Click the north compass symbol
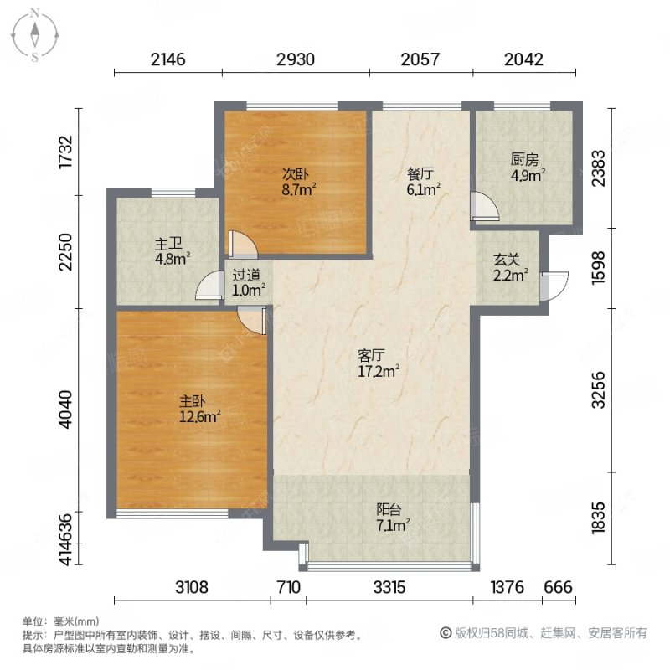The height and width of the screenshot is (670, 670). coord(36,34)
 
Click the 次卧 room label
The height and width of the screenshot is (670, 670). coord(295,174)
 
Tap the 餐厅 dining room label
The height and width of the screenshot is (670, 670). coord(420,174)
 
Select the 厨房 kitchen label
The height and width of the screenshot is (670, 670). coord(524,159)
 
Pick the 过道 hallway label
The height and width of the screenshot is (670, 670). coord(246,275)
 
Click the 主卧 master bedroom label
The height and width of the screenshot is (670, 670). coord(194,399)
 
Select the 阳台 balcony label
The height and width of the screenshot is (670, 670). coord(388,509)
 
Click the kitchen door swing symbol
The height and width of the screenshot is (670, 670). coord(483,207)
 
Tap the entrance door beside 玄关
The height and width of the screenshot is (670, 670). coord(552,285)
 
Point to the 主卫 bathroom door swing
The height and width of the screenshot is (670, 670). coord(205,287)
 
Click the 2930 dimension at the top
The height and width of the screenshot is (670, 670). coord(296,59)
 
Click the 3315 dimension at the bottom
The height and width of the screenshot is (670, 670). coord(389,588)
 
